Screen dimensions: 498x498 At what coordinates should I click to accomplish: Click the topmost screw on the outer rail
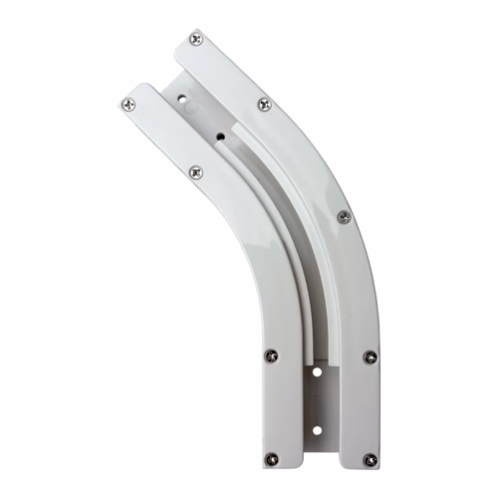click(195, 39)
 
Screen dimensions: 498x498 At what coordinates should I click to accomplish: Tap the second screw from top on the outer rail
click(264, 104)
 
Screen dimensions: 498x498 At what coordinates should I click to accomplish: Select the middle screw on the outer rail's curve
click(344, 216)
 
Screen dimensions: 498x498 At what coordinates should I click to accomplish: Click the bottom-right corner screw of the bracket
click(370, 460)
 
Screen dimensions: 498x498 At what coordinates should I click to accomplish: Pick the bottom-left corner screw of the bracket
click(270, 459)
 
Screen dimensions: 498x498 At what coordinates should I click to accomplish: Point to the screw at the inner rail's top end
click(126, 103)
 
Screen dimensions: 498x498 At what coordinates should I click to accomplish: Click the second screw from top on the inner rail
click(195, 172)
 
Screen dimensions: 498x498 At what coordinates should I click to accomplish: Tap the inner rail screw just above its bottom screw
click(270, 355)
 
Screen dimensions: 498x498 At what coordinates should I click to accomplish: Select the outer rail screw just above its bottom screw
click(370, 356)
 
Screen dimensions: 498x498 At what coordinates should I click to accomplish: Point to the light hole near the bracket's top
click(183, 98)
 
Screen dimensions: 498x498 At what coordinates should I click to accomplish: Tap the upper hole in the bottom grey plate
click(317, 372)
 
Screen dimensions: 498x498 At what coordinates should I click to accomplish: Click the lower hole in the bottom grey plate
click(317, 431)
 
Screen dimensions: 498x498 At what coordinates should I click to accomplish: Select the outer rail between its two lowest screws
click(370, 408)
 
